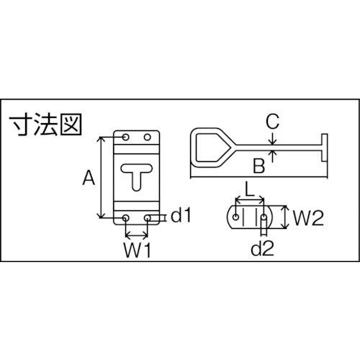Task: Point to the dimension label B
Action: [257, 167]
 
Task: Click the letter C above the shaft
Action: [271, 122]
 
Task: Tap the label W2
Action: [306, 215]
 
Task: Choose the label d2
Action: [263, 248]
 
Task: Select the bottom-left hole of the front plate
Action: [127, 217]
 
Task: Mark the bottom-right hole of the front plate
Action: [148, 217]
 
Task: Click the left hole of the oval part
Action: [235, 215]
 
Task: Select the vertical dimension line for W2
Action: [284, 215]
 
